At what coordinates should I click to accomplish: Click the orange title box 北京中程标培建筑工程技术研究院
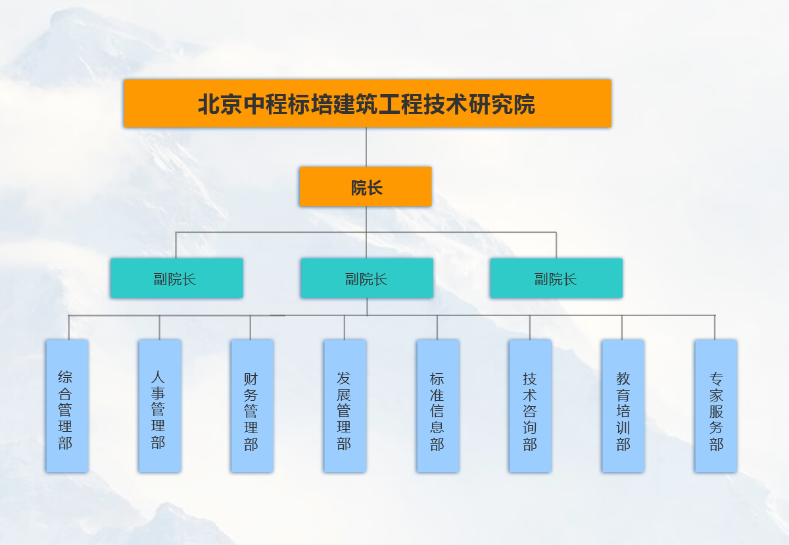368,103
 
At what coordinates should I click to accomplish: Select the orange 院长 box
366,187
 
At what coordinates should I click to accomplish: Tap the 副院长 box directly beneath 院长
367,278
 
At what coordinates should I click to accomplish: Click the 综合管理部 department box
67,405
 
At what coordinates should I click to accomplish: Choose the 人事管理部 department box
160,405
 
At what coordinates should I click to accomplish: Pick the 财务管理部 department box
252,405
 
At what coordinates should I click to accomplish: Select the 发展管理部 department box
345,405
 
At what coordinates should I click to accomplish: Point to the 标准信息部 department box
438,405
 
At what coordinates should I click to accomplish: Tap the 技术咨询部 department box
530,405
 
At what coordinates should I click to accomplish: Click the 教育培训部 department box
623,405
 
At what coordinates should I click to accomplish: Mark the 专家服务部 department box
715,405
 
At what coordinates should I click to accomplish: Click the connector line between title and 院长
366,147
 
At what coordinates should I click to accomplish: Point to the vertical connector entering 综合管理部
68,328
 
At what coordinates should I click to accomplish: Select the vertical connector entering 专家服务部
715,328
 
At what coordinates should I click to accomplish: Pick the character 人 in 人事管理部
158,378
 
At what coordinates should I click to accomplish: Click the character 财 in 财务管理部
251,379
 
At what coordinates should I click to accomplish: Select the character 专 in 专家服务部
716,379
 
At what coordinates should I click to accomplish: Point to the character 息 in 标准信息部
437,428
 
